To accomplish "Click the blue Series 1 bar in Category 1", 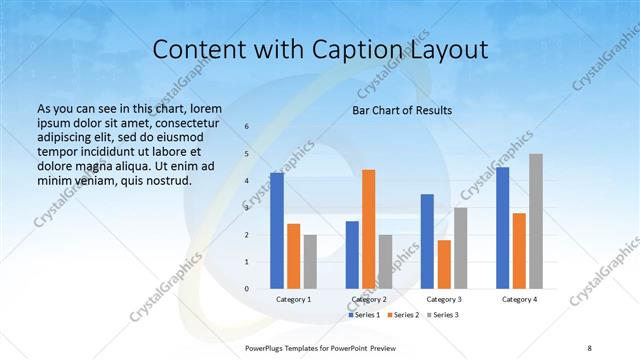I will tap(277, 231).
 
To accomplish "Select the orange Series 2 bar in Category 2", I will tap(368, 229).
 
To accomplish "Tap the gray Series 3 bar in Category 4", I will tap(536, 221).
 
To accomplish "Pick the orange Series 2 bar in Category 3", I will tap(444, 264).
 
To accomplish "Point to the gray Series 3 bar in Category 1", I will tap(309, 262).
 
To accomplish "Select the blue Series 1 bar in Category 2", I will tap(352, 255).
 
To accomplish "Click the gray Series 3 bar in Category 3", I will tap(460, 248).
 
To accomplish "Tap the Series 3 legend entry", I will tap(445, 315).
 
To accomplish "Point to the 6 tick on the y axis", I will tap(247, 127).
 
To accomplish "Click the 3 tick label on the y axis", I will tap(247, 208).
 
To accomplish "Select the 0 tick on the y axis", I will tap(247, 289).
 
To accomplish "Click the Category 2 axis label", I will tap(368, 299).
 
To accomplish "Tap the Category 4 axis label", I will tap(520, 299).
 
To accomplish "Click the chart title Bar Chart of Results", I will tap(402, 110).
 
